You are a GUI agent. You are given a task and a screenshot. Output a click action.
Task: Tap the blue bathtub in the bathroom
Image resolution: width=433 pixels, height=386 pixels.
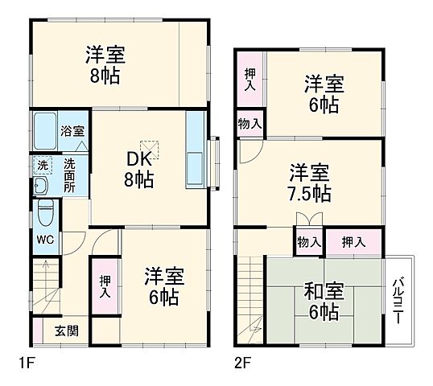[45, 129]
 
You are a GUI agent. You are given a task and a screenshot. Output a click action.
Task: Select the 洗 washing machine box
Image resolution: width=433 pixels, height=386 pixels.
[41, 165]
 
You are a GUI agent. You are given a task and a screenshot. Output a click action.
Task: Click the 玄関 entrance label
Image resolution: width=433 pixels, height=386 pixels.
[66, 331]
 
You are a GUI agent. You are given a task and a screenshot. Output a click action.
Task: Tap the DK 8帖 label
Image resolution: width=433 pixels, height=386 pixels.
[138, 167]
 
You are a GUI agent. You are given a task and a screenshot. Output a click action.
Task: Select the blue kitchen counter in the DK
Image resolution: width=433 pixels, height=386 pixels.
[196, 150]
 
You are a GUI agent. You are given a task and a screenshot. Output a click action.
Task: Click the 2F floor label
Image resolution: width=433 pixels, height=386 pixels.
[243, 363]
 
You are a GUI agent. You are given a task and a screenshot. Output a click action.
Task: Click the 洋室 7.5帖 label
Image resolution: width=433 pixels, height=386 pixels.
[310, 182]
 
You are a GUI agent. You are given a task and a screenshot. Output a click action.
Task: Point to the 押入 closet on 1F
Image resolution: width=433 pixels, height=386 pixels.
[105, 287]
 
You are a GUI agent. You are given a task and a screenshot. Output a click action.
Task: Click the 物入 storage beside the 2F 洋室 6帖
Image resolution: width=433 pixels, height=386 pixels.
[249, 123]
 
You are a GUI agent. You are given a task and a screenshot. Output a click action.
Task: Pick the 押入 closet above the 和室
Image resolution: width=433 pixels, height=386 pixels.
[352, 241]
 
